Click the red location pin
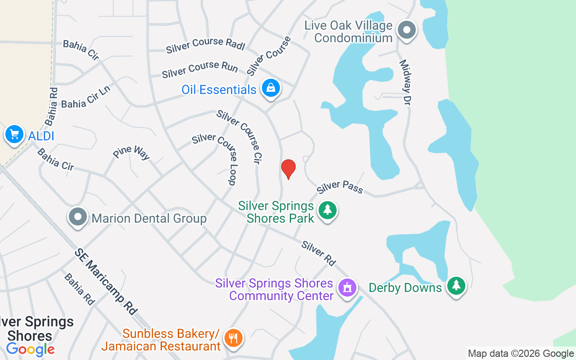tap(288, 169)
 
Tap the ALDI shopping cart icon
tap(14, 135)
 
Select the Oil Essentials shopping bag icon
tap(271, 88)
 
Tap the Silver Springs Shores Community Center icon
tap(347, 288)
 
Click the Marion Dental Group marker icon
tap(78, 217)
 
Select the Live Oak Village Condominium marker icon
tap(407, 31)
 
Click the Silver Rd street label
tap(319, 253)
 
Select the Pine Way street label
tap(131, 152)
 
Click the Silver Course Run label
tap(200, 70)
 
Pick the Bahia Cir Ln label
tap(85, 97)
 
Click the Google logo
tap(31, 349)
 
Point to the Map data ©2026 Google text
tap(521, 354)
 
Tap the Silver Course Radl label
tap(205, 45)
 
